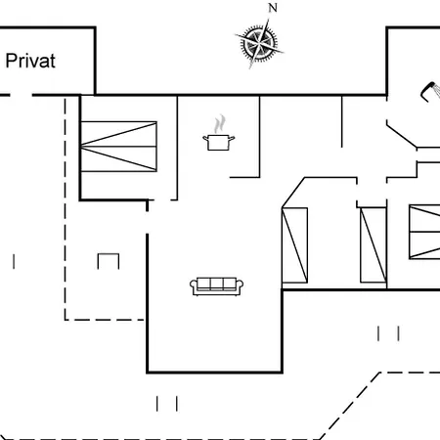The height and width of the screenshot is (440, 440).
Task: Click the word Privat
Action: pyautogui.click(x=30, y=61)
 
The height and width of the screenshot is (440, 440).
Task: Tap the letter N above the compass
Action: pyautogui.click(x=273, y=8)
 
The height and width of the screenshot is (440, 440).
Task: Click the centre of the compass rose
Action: pyautogui.click(x=259, y=43)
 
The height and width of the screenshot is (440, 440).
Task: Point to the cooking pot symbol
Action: pyautogui.click(x=219, y=143)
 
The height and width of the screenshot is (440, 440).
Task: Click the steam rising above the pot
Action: pyautogui.click(x=220, y=123)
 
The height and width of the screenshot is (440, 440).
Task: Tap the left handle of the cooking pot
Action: pyautogui.click(x=205, y=138)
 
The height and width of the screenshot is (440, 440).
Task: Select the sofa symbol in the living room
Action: pyautogui.click(x=217, y=286)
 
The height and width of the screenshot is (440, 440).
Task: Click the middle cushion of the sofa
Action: pyautogui.click(x=217, y=284)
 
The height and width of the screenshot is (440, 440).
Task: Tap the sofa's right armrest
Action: pyautogui.click(x=240, y=286)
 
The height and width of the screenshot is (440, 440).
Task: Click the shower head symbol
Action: pyautogui.click(x=430, y=91)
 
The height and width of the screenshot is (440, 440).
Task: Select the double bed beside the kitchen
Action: pyautogui.click(x=118, y=147)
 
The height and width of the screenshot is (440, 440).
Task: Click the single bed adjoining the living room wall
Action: pyautogui.click(x=294, y=245)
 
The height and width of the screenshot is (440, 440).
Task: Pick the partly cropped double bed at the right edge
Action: pyautogui.click(x=424, y=232)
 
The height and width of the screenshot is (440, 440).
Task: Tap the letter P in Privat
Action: pyautogui.click(x=11, y=61)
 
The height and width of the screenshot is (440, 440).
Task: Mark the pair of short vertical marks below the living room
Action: pyautogui.click(x=167, y=404)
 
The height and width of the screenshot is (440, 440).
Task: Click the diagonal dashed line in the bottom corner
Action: pyautogui.click(x=350, y=406)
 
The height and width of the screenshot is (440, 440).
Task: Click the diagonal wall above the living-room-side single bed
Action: pyautogui.click(x=293, y=193)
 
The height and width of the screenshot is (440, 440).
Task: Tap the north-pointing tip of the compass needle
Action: pyautogui.click(x=269, y=20)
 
